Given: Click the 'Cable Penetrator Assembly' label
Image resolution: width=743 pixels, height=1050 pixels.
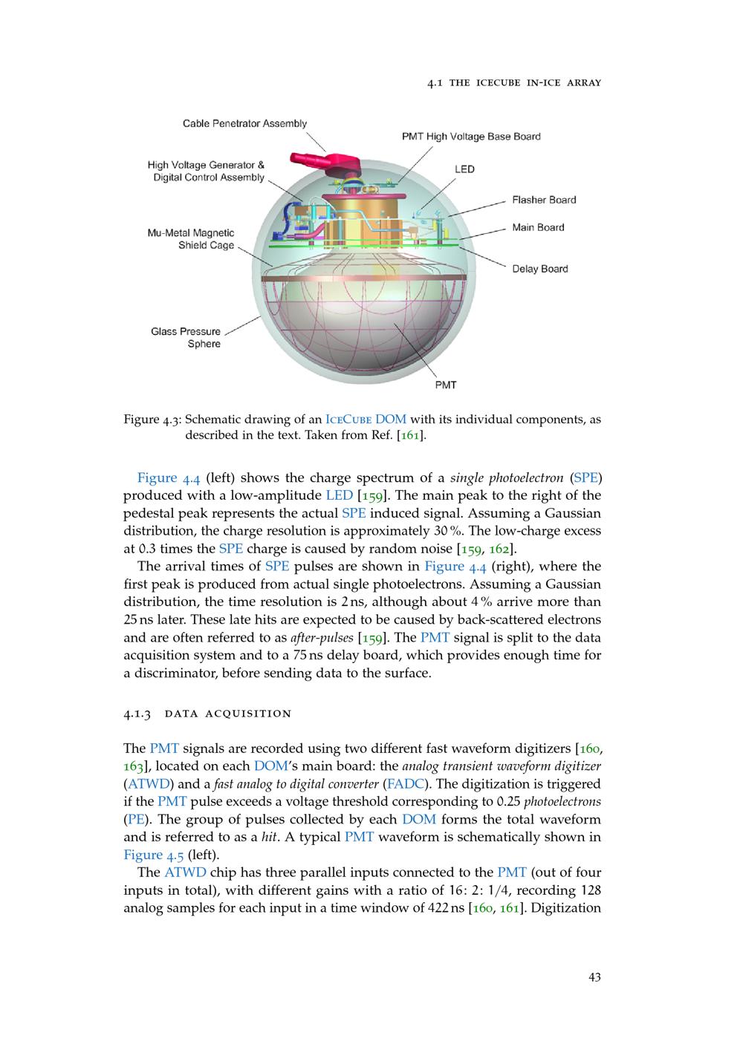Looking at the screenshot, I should (x=244, y=123).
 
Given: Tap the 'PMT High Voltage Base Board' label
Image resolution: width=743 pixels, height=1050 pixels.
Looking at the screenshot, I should (x=471, y=137).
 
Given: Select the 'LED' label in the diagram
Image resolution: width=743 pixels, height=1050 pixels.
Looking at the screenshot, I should (x=464, y=169).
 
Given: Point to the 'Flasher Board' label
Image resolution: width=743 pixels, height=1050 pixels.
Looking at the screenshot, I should (x=544, y=200).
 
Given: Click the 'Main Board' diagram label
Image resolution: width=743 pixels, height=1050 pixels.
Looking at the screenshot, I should (x=538, y=227).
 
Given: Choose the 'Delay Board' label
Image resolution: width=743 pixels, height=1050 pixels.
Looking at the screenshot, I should (x=539, y=269).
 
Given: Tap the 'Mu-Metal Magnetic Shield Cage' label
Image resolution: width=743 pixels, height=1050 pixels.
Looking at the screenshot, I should (x=191, y=239).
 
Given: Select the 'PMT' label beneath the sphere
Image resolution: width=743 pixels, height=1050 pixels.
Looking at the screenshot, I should (x=446, y=385).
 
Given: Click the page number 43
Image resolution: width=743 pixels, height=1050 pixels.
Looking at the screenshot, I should (x=594, y=977).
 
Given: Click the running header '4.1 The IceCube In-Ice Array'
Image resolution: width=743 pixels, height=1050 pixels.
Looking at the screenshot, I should (x=514, y=82).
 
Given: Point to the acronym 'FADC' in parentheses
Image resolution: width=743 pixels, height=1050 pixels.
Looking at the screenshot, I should (x=404, y=783).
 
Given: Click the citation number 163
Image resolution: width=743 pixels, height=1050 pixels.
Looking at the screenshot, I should (x=133, y=766).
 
